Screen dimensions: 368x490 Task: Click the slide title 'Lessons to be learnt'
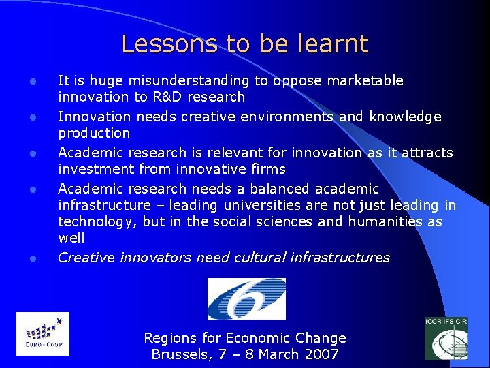click(x=244, y=44)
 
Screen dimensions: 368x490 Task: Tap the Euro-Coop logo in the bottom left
click(x=42, y=334)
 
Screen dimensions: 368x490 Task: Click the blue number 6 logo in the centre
click(x=246, y=298)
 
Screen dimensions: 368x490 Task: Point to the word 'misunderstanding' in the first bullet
click(x=193, y=81)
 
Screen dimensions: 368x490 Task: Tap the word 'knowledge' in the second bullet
click(x=405, y=117)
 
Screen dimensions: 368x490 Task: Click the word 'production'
click(x=94, y=133)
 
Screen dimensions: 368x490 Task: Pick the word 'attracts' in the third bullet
click(x=429, y=152)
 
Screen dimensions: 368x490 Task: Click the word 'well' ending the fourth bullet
click(x=71, y=238)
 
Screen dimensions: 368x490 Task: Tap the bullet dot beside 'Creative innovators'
click(x=32, y=258)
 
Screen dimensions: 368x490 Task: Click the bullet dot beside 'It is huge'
click(x=32, y=82)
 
